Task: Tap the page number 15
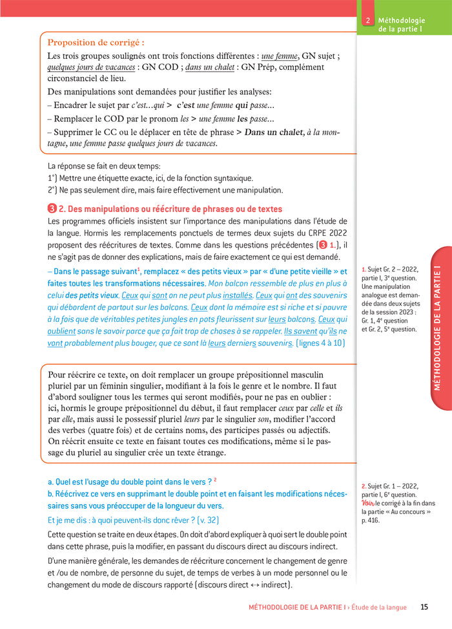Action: click(424, 607)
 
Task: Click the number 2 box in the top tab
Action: click(367, 21)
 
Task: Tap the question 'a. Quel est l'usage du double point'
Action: click(130, 482)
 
